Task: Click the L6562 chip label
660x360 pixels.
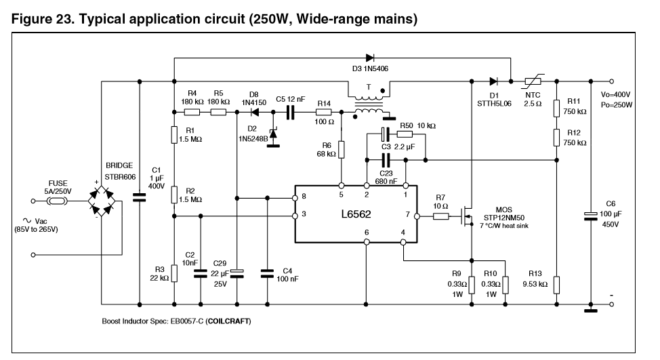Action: [x=361, y=215]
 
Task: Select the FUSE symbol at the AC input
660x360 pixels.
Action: [x=58, y=201]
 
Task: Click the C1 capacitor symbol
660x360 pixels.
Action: [x=139, y=199]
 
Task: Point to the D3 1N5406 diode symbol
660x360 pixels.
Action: [x=370, y=58]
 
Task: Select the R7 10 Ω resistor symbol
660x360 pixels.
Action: [x=442, y=216]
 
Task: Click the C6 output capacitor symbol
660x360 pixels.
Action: [x=591, y=216]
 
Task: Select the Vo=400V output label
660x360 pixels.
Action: [x=615, y=94]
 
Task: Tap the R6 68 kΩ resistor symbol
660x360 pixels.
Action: [x=342, y=148]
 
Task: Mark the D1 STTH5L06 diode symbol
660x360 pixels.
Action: [x=493, y=81]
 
